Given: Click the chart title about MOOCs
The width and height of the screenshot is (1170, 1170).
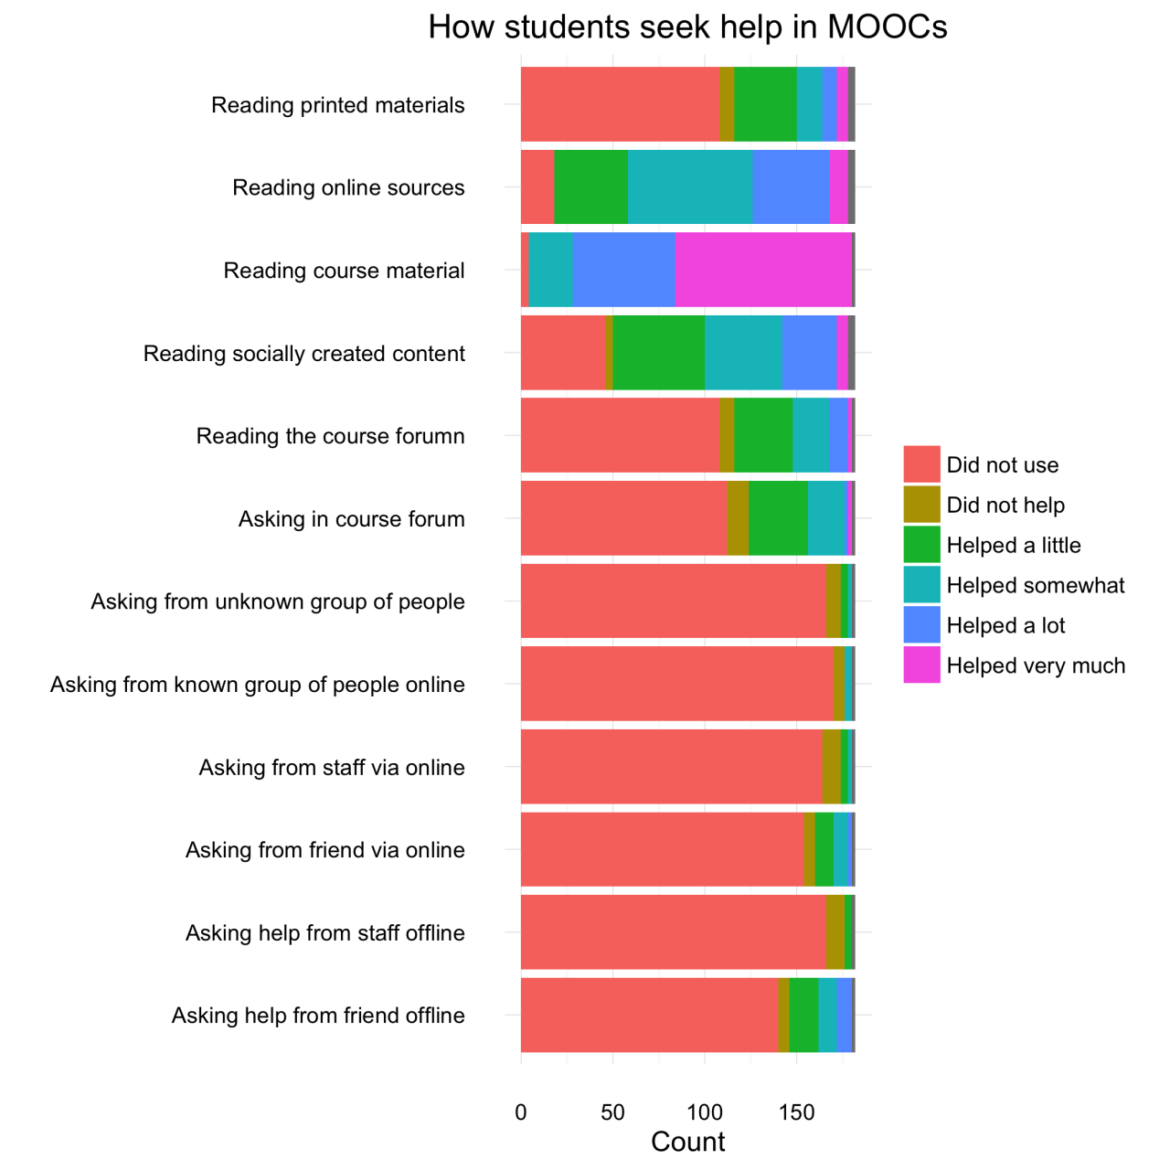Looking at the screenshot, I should (687, 27).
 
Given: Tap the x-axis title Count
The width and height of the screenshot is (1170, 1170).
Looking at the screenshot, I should (687, 1142).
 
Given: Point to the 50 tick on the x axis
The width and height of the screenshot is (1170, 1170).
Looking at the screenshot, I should (612, 1112).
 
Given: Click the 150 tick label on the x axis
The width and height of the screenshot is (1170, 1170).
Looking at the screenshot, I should (796, 1112).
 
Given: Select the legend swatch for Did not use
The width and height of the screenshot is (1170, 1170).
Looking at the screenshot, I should (921, 464).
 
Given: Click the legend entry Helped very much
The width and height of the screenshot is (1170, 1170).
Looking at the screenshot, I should (1036, 665).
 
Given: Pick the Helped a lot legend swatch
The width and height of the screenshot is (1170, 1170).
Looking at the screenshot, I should (921, 625).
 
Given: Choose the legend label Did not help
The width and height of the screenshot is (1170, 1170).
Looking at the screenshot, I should (1005, 505).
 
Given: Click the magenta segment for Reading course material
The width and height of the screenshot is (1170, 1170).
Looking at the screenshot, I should (763, 270).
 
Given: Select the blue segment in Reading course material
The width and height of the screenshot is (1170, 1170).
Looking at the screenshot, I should (623, 270).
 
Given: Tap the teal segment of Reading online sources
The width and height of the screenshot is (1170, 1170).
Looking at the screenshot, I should (690, 187).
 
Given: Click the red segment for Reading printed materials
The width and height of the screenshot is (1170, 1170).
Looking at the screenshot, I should (620, 104).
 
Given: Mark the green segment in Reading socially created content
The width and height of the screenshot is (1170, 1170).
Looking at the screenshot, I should (658, 353).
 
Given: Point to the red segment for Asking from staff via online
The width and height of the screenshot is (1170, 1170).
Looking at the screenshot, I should (672, 767).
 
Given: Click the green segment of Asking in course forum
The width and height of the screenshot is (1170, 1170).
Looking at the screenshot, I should (778, 518).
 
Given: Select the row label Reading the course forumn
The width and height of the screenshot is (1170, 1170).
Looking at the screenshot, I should (330, 436).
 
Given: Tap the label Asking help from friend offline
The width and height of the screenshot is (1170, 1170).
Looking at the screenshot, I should (318, 1016).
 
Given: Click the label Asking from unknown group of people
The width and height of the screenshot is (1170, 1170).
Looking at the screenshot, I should (278, 601).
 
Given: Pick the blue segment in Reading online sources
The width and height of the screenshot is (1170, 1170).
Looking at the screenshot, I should (791, 187).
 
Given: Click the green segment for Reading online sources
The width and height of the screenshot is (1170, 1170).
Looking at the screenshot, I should (590, 187).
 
